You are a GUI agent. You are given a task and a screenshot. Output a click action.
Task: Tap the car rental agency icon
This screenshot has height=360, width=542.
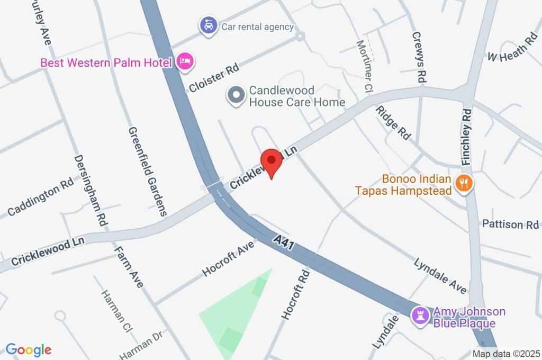[x=209, y=25]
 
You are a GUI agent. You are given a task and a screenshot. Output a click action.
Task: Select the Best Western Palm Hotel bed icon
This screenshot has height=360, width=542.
[x=185, y=61]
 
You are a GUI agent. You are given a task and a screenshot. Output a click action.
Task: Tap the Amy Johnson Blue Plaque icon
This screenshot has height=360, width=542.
[x=421, y=317]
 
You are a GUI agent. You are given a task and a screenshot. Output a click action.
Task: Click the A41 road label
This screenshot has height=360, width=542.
[x=284, y=242]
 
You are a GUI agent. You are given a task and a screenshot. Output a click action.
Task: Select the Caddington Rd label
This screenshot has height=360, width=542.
[x=40, y=198]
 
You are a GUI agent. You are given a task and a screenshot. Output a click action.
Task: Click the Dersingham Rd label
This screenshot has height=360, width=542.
[x=90, y=190]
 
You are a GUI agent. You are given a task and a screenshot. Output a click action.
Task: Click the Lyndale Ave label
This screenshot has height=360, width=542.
[x=440, y=276]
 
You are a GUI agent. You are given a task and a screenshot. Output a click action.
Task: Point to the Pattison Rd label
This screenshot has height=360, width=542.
[x=510, y=224]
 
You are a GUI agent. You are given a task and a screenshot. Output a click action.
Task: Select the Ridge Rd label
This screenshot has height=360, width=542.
[x=394, y=122]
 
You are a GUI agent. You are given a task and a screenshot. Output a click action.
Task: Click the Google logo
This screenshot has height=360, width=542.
[x=29, y=349]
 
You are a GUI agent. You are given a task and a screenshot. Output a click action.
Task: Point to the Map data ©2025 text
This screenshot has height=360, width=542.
[x=505, y=354]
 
